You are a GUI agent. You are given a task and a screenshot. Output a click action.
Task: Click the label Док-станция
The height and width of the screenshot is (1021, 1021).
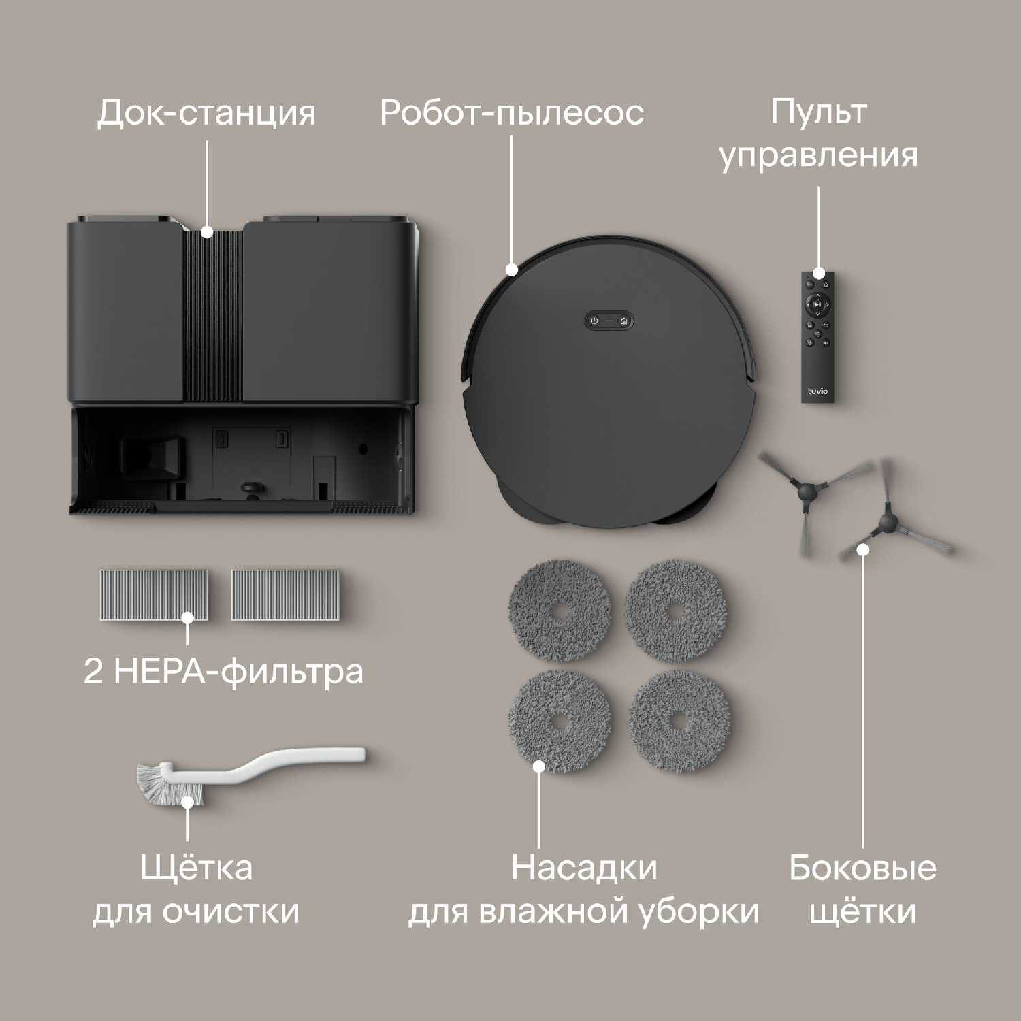point(206,113)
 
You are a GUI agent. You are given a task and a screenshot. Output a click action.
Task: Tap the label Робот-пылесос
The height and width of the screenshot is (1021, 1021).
point(512,113)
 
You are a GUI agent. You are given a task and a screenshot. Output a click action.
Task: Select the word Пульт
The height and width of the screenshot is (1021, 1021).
point(819,112)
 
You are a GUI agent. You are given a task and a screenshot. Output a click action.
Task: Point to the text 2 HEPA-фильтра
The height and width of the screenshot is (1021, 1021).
point(223,672)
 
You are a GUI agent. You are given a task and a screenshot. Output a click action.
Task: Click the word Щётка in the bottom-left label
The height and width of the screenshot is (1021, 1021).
point(196,867)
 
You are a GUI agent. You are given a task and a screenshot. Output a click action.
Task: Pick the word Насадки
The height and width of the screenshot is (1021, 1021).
point(584,868)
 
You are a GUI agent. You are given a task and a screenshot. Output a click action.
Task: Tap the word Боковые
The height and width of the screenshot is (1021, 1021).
point(862,868)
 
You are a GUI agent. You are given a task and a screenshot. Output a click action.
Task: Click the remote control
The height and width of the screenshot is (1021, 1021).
point(817,338)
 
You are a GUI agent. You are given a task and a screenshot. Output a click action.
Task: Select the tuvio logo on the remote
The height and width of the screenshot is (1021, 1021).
point(817,391)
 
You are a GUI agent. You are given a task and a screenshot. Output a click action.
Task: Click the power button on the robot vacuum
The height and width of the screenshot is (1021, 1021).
point(594,321)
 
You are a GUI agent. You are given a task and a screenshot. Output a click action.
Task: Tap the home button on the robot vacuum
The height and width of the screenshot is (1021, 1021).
point(623,321)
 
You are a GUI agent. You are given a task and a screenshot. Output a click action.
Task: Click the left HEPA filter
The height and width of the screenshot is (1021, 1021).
point(154,595)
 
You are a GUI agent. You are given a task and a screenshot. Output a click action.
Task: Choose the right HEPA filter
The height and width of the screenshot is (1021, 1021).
point(285,595)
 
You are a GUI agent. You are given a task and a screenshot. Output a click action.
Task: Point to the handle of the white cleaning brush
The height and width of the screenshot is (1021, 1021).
point(272,766)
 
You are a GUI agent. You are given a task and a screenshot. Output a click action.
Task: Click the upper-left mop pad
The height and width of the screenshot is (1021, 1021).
point(560,611)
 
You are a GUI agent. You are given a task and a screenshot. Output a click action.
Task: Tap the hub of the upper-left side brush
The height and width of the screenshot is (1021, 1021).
point(807,489)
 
